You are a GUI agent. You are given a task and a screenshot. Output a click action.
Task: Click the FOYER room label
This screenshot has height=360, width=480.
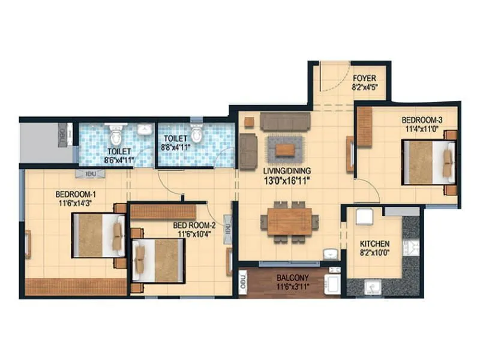(x=364, y=78)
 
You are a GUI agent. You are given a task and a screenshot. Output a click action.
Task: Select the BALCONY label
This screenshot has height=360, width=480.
(x=293, y=278)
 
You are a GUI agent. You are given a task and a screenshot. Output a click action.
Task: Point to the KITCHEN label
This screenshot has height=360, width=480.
(x=374, y=244)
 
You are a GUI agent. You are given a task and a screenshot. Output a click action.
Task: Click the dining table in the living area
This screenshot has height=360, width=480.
(x=289, y=221)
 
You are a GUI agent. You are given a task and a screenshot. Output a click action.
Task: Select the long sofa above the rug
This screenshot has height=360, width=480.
(x=285, y=122)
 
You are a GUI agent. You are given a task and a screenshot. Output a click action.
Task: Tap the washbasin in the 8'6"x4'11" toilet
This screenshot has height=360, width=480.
(x=144, y=129)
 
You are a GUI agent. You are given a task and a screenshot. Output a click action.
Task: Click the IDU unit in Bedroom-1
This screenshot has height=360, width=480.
(x=90, y=174)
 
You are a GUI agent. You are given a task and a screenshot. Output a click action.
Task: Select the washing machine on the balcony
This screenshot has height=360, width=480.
(x=332, y=283)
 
